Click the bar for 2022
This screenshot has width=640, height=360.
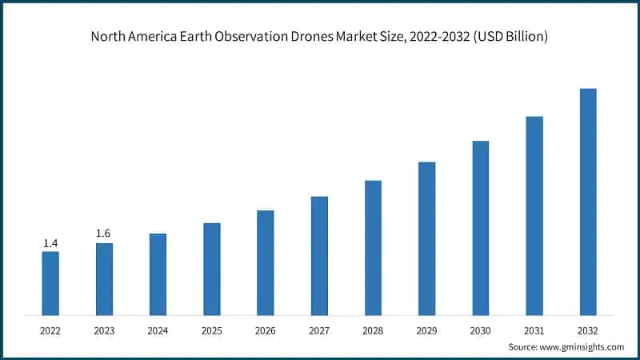[50, 283]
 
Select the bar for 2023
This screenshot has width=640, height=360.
[104, 279]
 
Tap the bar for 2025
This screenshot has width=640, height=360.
[211, 269]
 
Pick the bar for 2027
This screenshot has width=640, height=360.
[319, 255]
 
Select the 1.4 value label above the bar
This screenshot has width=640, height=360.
[50, 242]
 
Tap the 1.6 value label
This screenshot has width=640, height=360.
[103, 234]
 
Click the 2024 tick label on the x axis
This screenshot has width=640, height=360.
[158, 329]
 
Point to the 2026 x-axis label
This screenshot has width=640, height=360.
[265, 329]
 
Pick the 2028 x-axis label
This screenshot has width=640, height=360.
[373, 329]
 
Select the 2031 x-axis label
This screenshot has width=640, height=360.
[534, 329]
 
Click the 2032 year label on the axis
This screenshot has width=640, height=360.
[588, 329]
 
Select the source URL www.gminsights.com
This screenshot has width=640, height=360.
[583, 346]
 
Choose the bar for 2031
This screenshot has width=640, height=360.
[534, 216]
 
